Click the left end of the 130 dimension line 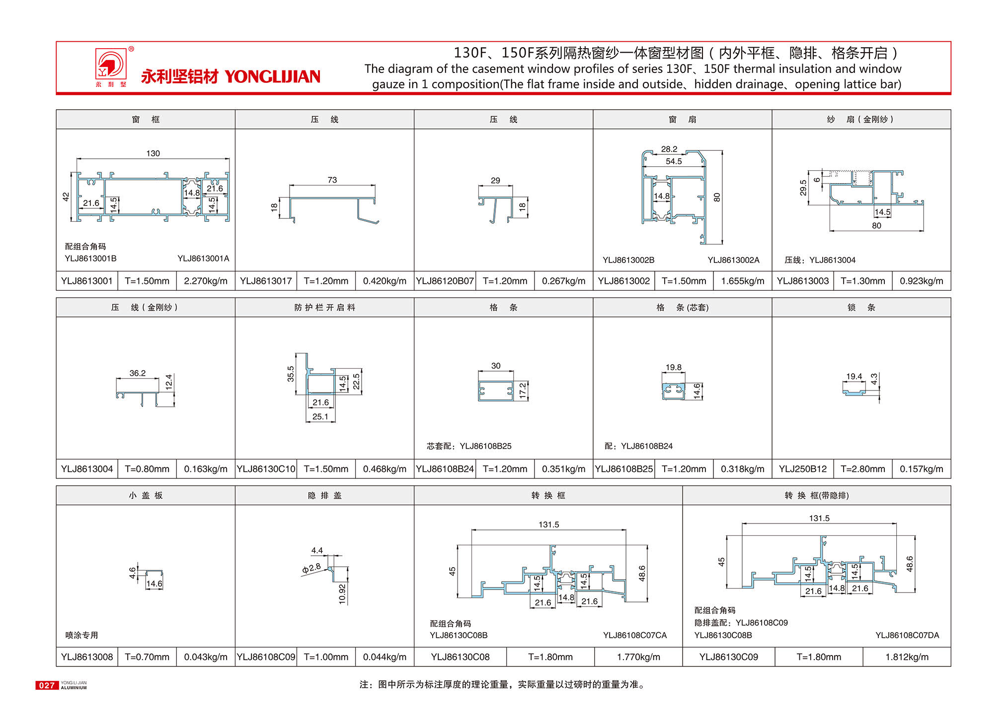[77, 159]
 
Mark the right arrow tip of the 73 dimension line [375, 186]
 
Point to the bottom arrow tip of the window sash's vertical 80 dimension [722, 244]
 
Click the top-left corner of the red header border [57, 42]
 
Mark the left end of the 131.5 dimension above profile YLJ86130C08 [472, 530]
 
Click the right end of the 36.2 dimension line [158, 379]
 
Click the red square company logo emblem [111, 65]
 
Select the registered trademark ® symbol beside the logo [131, 49]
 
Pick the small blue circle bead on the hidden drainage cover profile [330, 569]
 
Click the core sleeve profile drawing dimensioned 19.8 [673, 391]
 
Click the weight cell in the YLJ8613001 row [206, 281]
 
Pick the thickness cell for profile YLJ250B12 [862, 469]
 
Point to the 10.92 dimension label [342, 593]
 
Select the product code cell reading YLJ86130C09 [728, 657]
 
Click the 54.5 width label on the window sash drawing [674, 161]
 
